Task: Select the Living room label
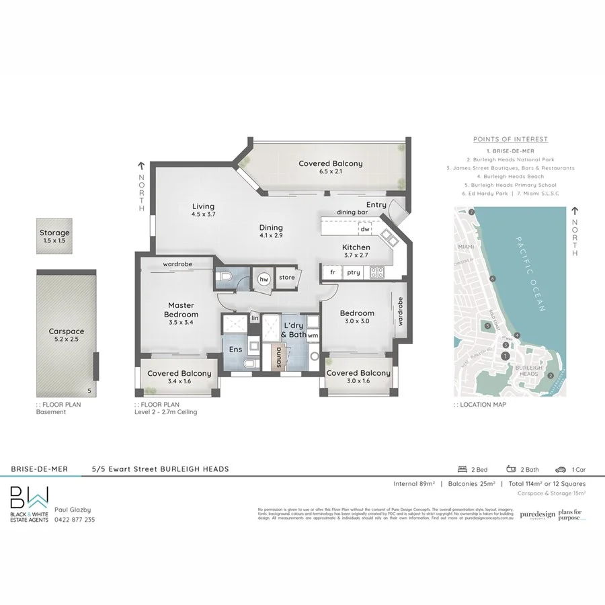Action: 202,206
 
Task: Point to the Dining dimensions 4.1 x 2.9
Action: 271,237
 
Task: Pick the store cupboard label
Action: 286,278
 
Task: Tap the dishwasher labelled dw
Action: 365,229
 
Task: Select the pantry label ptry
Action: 353,272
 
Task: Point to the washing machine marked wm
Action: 313,335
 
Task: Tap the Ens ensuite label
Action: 236,350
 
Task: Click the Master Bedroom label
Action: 182,310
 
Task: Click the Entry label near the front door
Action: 376,204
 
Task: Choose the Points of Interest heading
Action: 510,139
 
